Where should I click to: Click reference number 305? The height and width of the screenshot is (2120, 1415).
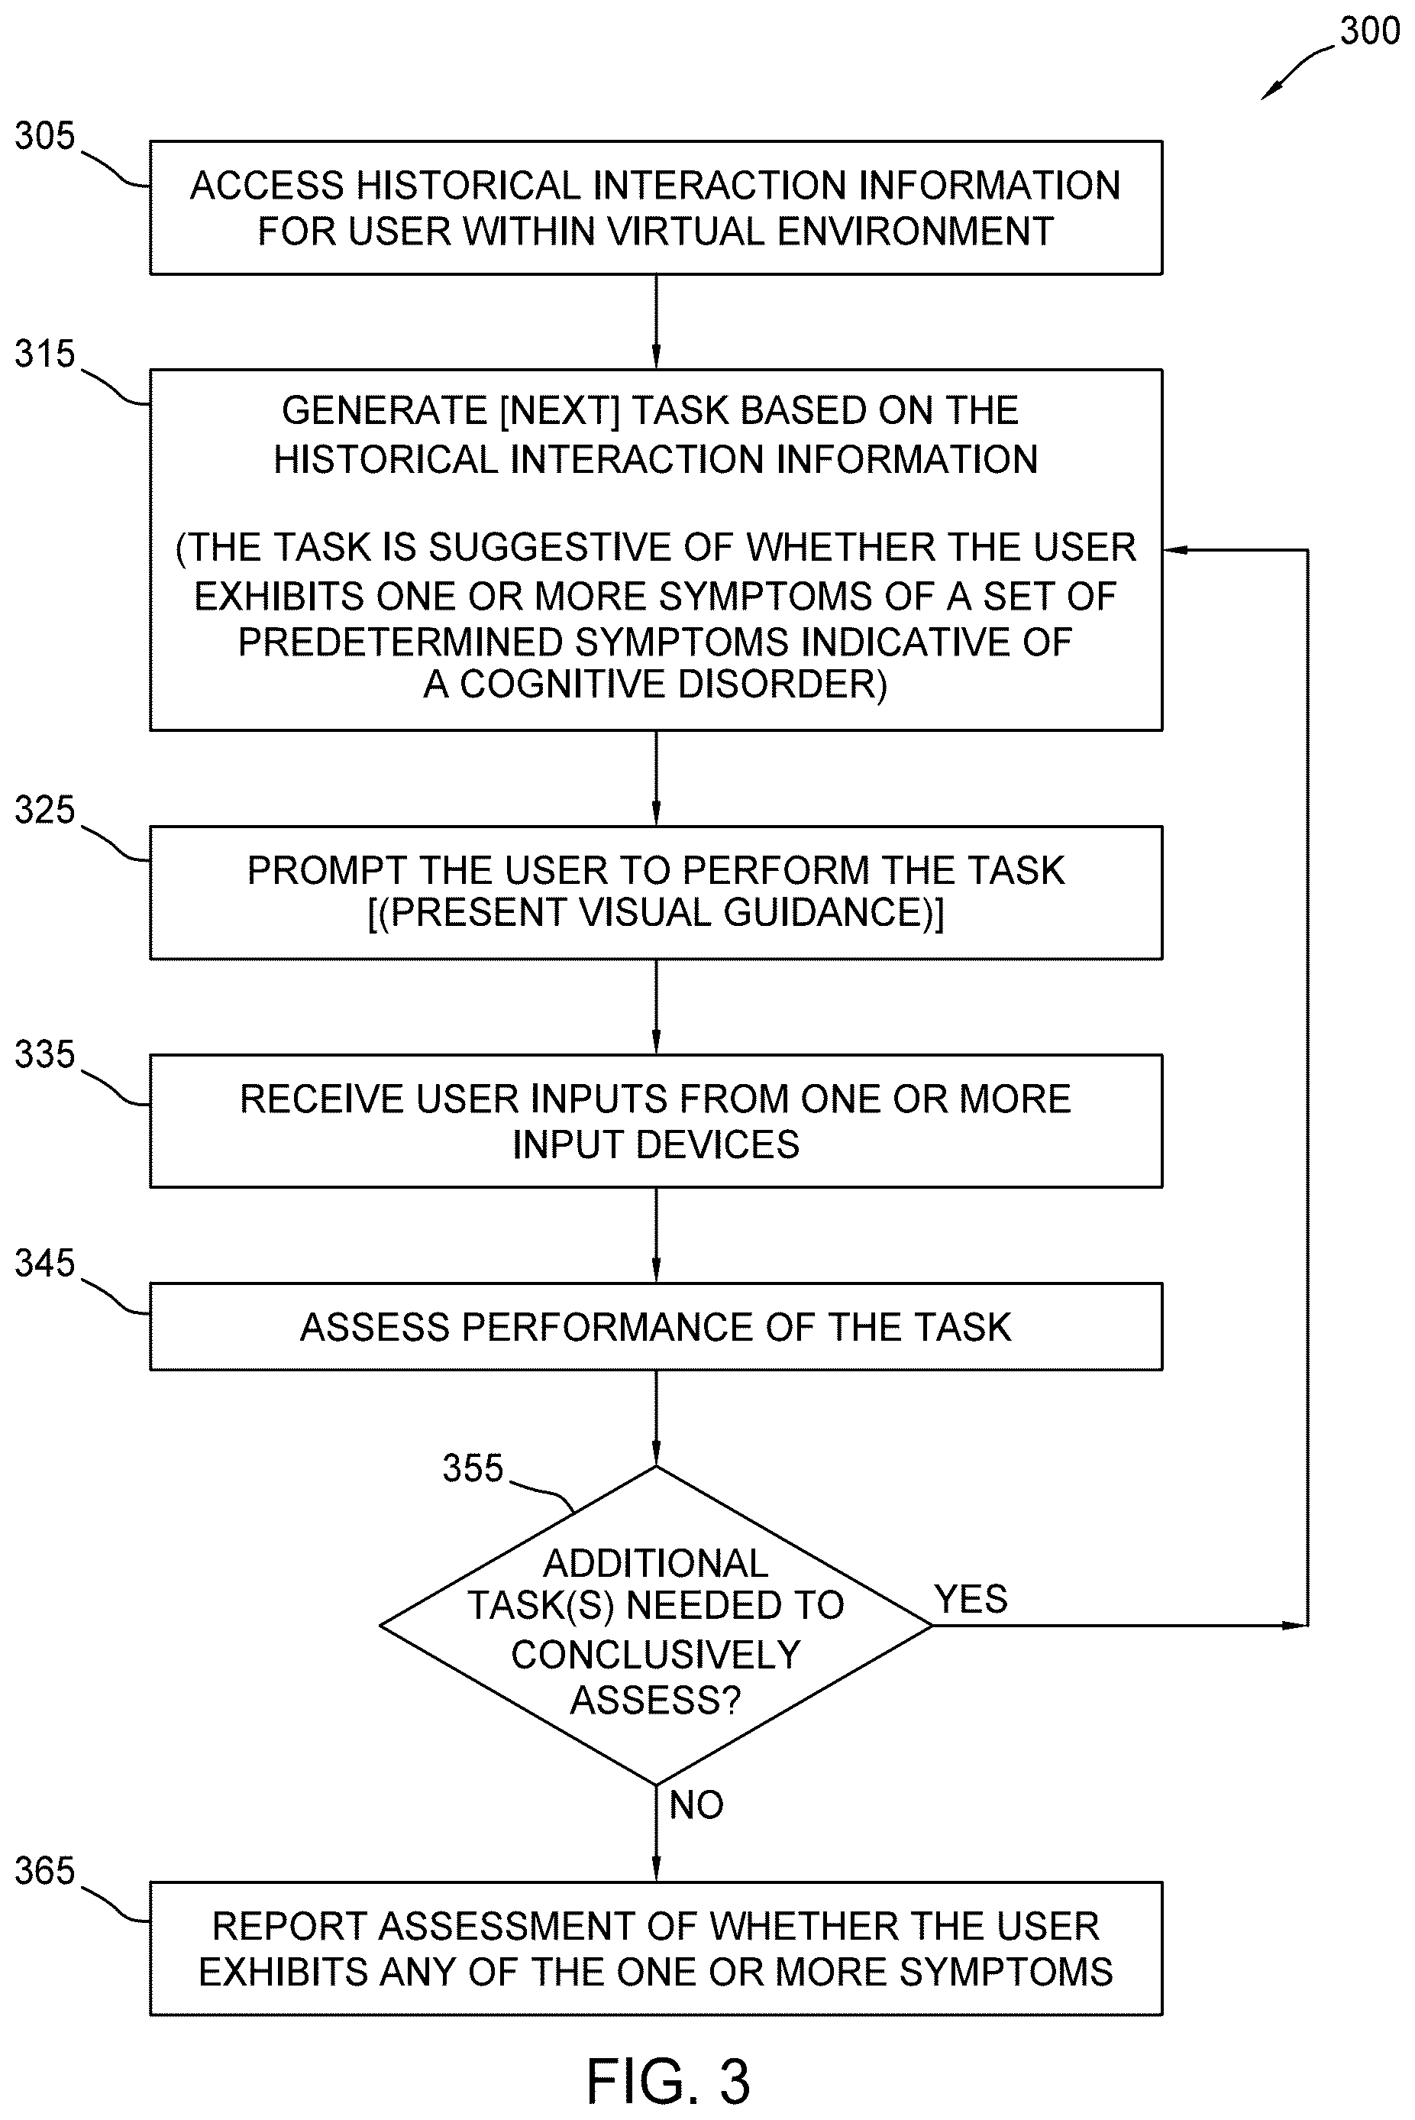tap(44, 136)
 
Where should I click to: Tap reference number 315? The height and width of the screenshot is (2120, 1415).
tap(44, 354)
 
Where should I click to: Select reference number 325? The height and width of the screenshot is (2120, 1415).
tap(44, 810)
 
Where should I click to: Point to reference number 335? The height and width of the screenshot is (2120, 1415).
tap(44, 1054)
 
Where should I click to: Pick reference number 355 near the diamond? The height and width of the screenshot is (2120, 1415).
tap(472, 1468)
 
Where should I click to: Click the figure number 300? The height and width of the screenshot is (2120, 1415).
tap(1369, 31)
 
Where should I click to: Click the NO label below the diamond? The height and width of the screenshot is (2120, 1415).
tap(696, 1805)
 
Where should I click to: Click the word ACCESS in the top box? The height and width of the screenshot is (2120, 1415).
tap(268, 186)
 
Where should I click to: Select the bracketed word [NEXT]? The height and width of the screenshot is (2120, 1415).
tap(560, 412)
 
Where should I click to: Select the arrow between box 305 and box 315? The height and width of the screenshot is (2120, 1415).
tap(656, 322)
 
